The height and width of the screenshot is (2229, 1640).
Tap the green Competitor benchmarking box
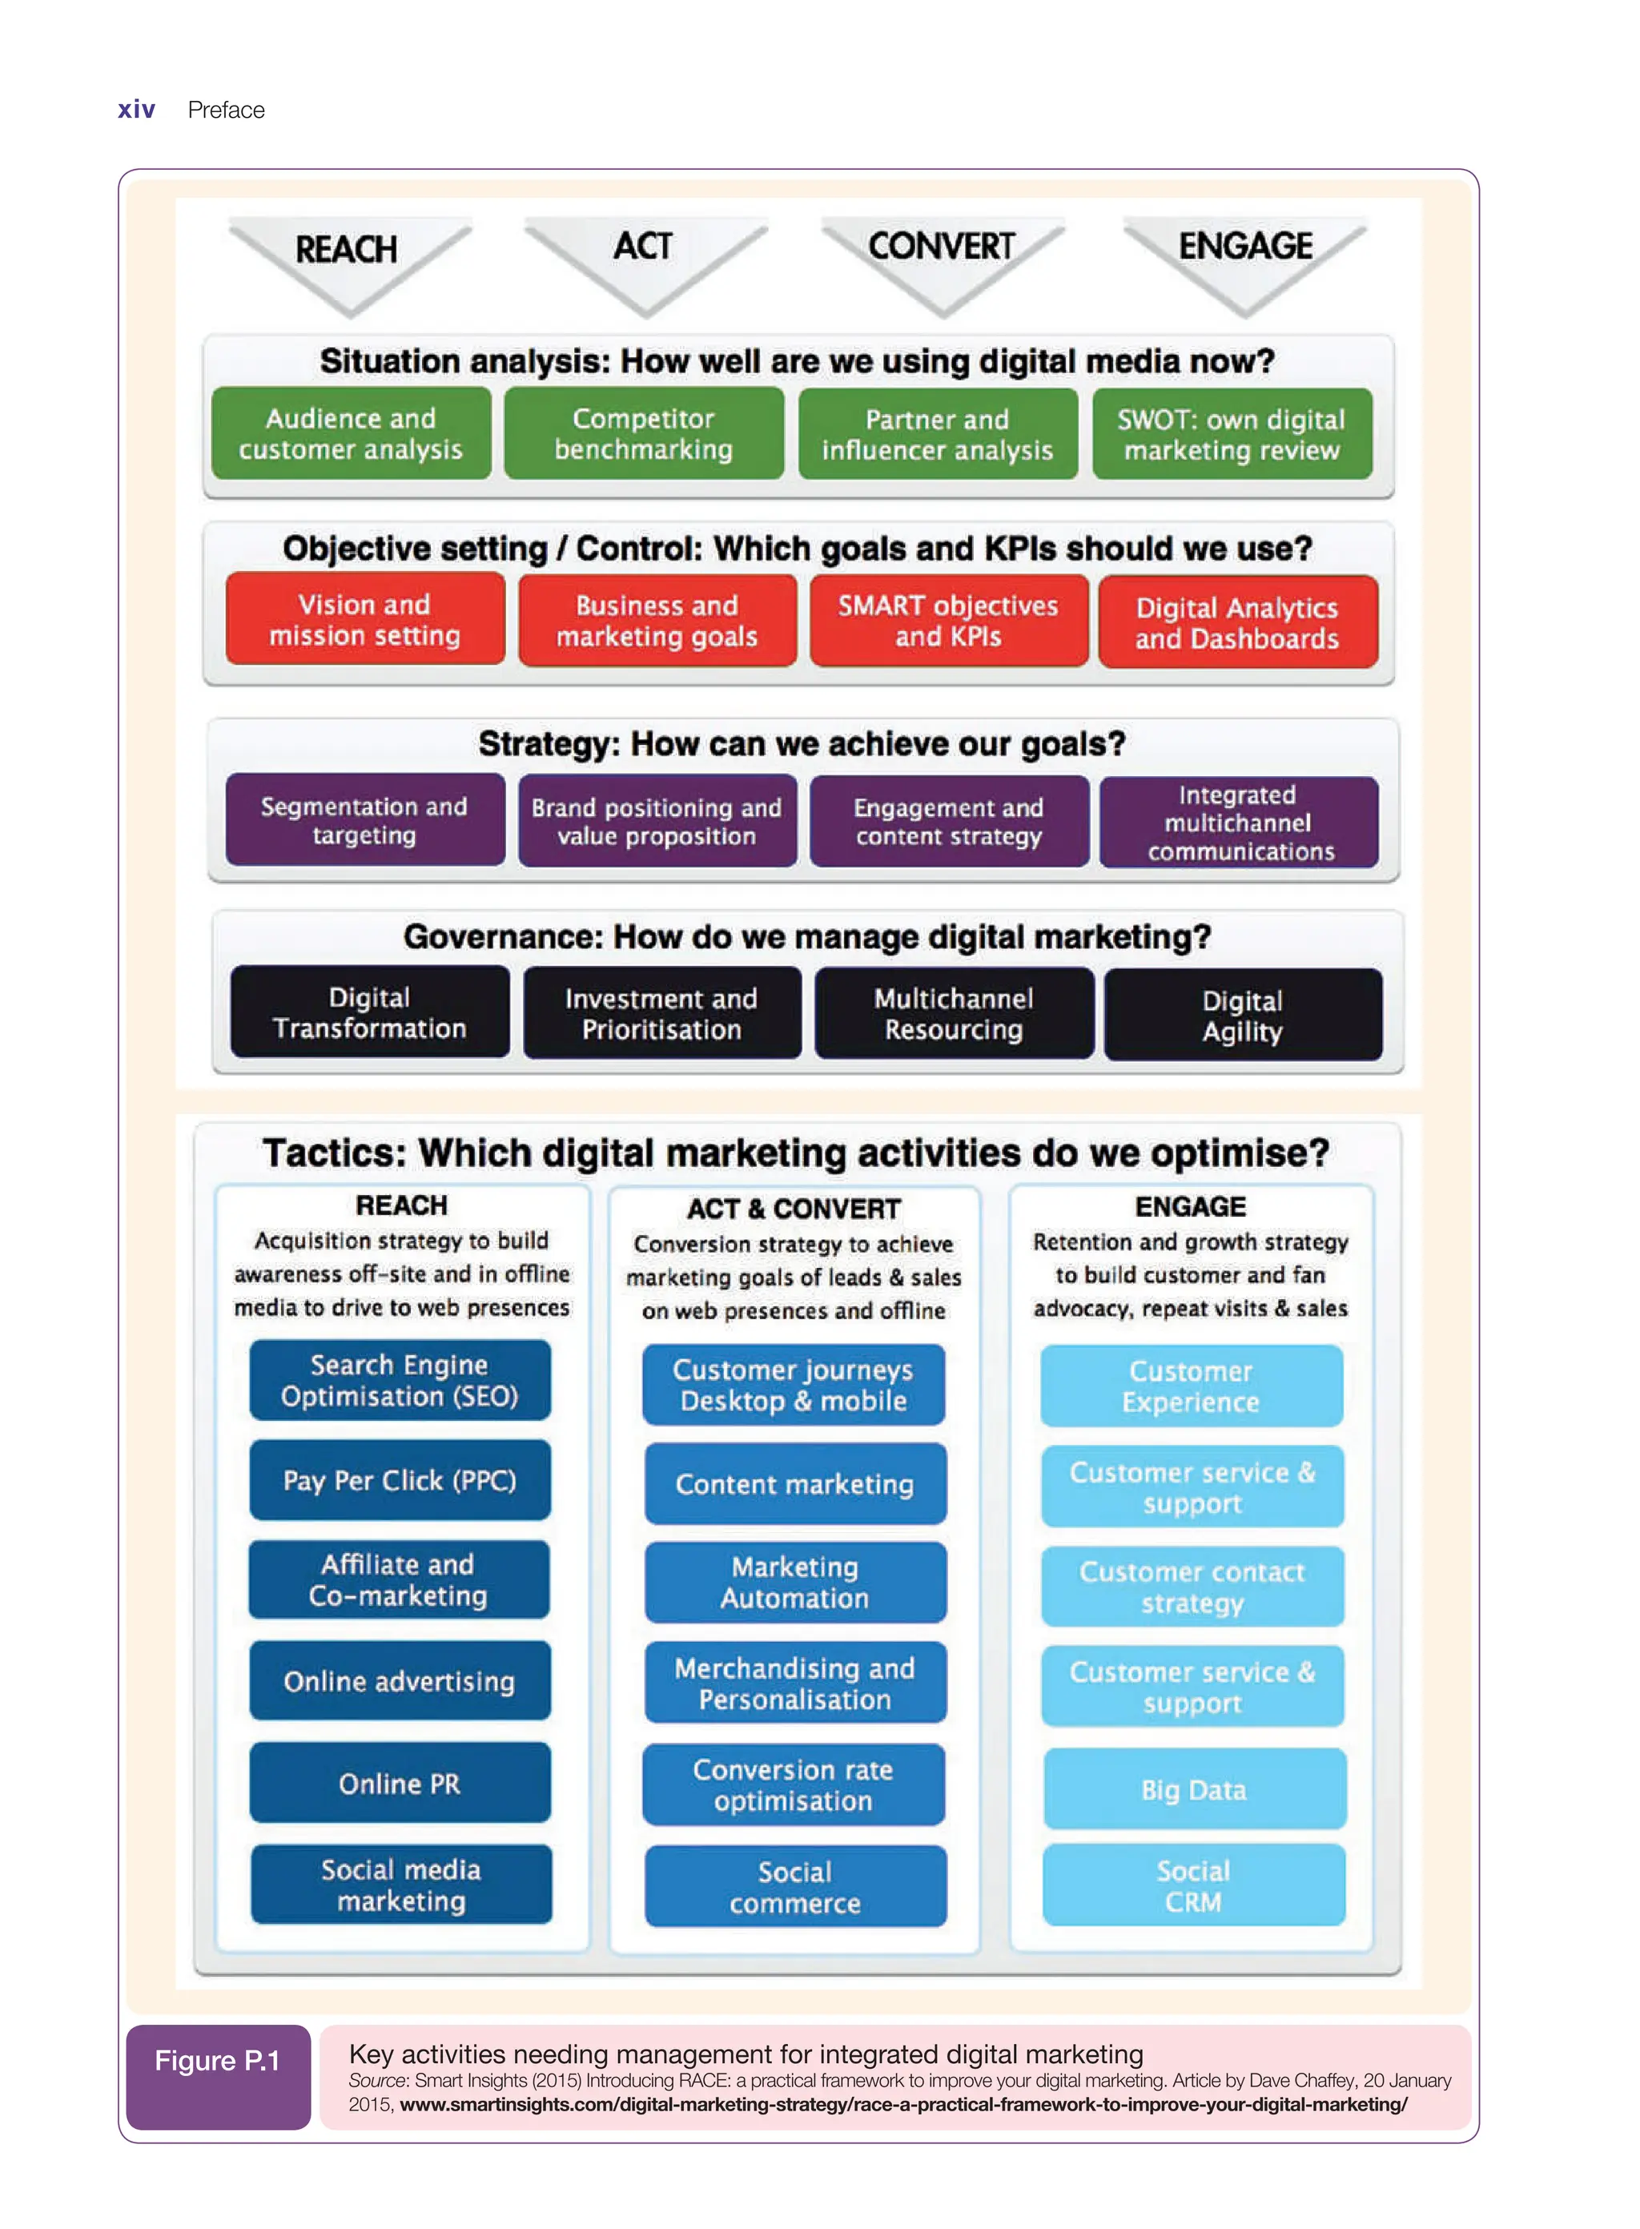(643, 434)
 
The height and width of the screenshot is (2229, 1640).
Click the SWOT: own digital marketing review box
(1231, 435)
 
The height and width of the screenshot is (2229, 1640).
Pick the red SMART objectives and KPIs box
(948, 621)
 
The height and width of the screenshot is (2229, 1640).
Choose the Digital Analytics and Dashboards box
(1237, 622)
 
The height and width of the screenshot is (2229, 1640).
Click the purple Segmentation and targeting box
(364, 820)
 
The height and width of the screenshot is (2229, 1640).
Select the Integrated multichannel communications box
(1239, 822)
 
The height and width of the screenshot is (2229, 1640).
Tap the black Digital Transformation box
(369, 1012)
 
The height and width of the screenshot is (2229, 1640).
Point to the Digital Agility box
(1242, 1015)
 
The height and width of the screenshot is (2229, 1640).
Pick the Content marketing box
(794, 1484)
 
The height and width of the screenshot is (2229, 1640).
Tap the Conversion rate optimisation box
(794, 1785)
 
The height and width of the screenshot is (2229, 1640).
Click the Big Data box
(1193, 1789)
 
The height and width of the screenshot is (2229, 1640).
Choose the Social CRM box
(1193, 1885)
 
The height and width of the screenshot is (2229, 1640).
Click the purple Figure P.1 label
(217, 2076)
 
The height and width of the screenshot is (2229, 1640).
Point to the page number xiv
(136, 109)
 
